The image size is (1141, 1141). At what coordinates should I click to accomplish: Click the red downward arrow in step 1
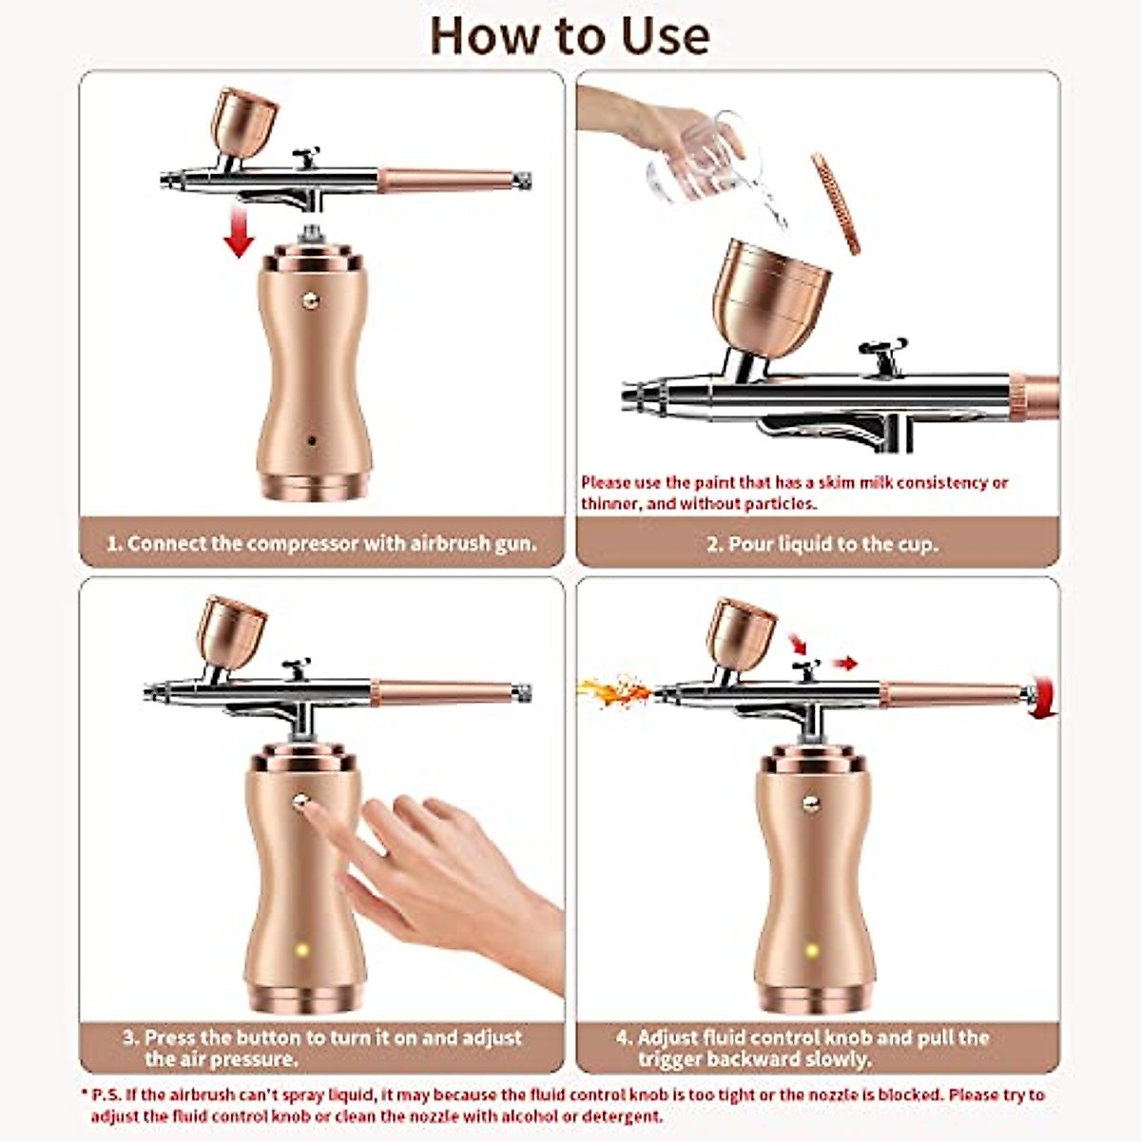(x=238, y=234)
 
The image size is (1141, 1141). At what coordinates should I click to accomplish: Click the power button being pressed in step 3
(x=301, y=801)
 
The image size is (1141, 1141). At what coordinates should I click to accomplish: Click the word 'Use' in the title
(x=651, y=35)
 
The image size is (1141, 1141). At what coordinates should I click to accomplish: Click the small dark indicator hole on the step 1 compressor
(x=313, y=440)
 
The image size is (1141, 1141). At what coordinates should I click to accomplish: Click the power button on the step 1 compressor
(x=309, y=299)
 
